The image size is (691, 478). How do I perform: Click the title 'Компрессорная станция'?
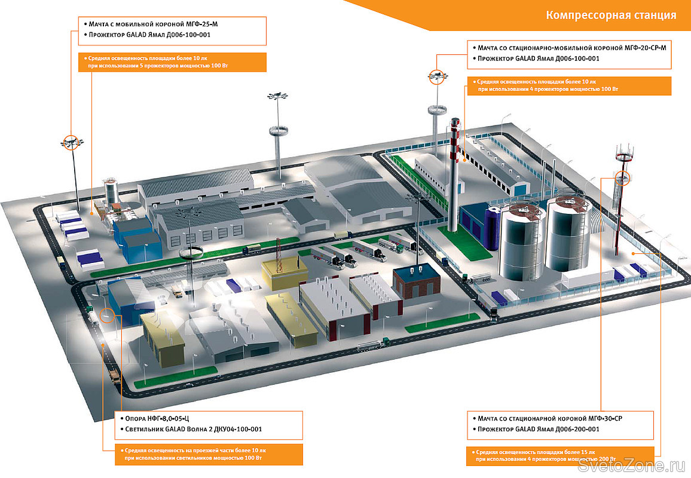(611, 15)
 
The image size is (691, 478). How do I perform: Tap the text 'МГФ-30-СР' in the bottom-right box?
(601, 418)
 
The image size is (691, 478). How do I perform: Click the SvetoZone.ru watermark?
(634, 465)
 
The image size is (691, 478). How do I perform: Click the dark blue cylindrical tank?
(494, 228)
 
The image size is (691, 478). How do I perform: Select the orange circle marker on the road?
(107, 315)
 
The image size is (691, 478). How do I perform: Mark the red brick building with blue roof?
(416, 282)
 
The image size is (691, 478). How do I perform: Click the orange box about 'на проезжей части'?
(207, 454)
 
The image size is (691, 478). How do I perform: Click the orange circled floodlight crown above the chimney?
(438, 75)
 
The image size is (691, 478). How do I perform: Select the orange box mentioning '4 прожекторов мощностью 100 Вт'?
(568, 85)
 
